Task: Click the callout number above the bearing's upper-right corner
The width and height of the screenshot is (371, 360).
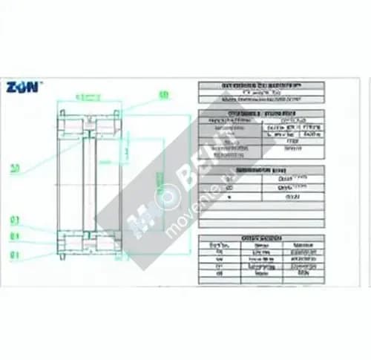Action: coord(164,94)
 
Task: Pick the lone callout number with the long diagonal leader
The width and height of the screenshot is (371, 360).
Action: coord(15,168)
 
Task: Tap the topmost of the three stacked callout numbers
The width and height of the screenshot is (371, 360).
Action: coord(14,220)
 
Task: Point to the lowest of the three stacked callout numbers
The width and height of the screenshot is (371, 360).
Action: coord(14,254)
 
